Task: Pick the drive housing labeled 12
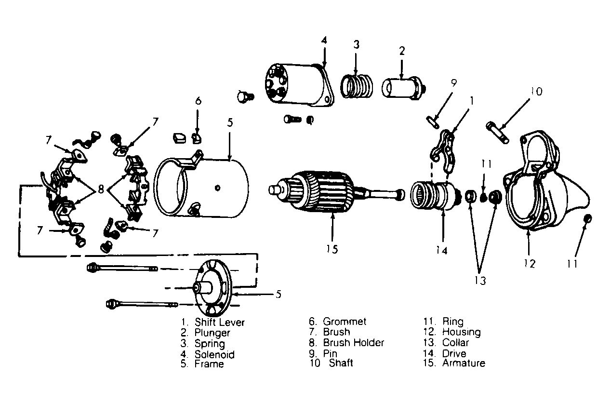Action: coord(540,188)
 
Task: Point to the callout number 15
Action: coord(332,249)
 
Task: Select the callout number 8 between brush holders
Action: coord(101,189)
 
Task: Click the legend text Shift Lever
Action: coord(220,322)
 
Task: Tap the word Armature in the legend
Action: coord(463,363)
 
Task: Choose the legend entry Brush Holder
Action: coord(353,343)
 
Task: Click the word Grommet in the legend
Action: coord(345,322)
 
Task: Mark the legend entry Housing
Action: coord(461,332)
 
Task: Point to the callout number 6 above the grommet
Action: coord(198,101)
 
